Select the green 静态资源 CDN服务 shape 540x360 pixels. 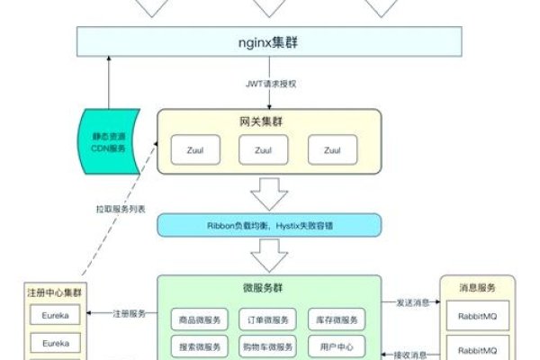point(107,140)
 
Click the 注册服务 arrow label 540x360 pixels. point(130,314)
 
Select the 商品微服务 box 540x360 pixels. point(198,319)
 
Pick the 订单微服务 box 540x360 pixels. point(268,319)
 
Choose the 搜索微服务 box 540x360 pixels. point(198,346)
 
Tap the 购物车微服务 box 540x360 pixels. point(268,346)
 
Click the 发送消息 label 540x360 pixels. point(411,302)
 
